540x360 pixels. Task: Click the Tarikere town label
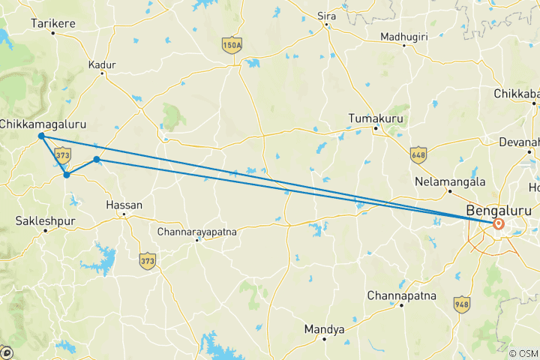[53, 24]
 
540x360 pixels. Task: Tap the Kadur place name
[102, 65]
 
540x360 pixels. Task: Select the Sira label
[327, 14]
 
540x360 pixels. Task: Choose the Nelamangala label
[450, 182]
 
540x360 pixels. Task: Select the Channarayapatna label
[197, 232]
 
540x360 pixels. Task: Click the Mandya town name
[324, 330]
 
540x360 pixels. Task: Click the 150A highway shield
[232, 46]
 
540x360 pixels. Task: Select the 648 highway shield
[418, 154]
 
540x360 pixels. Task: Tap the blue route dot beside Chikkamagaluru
[41, 136]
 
